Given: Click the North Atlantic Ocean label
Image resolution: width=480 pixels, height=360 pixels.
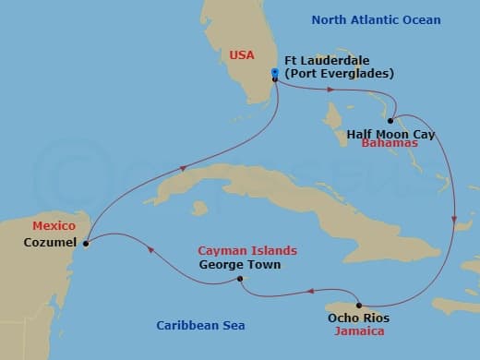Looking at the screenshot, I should [376, 19].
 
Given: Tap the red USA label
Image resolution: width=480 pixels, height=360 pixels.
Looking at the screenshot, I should [242, 55].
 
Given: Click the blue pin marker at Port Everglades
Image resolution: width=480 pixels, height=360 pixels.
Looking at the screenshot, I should [275, 74].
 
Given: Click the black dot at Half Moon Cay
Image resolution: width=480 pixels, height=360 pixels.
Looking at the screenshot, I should [391, 121].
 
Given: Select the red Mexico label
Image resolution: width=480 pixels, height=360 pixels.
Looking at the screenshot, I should [53, 225].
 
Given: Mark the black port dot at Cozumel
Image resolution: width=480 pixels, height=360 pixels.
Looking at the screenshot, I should [86, 244].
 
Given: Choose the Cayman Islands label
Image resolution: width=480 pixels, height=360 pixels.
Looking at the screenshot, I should [248, 250].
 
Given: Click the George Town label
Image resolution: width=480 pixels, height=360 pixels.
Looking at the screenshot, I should [239, 264].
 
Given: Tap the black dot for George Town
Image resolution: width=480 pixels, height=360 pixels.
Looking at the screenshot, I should [239, 279].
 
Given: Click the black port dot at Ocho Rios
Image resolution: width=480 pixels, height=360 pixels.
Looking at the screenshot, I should [358, 305].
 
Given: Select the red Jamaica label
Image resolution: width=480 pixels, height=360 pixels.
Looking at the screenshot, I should [361, 330].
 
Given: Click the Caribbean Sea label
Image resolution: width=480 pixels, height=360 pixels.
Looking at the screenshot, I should [193, 325].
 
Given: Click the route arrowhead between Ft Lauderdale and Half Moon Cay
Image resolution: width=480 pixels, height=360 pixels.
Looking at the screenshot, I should [330, 90].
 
